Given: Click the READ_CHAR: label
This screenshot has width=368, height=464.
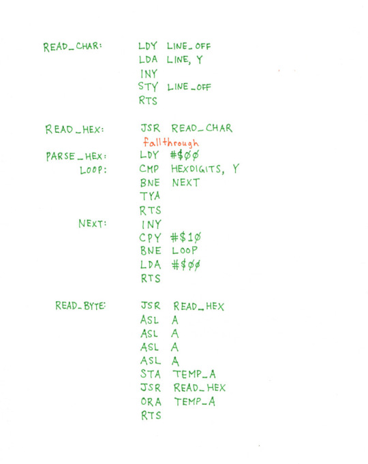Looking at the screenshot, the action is pyautogui.click(x=72, y=47).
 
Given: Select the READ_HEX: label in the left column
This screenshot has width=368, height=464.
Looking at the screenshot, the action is pyautogui.click(x=74, y=129).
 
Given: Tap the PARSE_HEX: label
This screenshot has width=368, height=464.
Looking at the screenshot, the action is pyautogui.click(x=76, y=156).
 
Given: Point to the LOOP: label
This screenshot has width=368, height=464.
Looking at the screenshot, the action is pyautogui.click(x=93, y=170).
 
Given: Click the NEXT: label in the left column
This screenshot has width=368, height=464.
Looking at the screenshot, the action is pyautogui.click(x=92, y=223).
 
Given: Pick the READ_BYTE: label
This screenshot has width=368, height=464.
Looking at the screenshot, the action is pyautogui.click(x=80, y=305).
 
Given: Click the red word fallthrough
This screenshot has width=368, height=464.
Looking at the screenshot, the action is pyautogui.click(x=171, y=142).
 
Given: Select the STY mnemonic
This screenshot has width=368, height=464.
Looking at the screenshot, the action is pyautogui.click(x=148, y=87).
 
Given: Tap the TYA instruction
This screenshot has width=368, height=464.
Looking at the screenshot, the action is pyautogui.click(x=150, y=196).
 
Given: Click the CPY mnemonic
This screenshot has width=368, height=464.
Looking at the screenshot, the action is pyautogui.click(x=150, y=238).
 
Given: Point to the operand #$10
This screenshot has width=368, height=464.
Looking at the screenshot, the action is pyautogui.click(x=186, y=237).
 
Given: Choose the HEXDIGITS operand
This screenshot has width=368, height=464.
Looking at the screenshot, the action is pyautogui.click(x=196, y=169).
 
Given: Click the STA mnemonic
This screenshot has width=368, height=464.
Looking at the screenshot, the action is pyautogui.click(x=151, y=374).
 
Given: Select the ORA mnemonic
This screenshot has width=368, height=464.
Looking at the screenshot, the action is pyautogui.click(x=151, y=401).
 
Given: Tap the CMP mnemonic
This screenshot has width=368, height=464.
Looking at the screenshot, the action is pyautogui.click(x=149, y=169).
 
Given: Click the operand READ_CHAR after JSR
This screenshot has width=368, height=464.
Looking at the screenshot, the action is pyautogui.click(x=202, y=128).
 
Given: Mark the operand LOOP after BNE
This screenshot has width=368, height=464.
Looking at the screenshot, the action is pyautogui.click(x=185, y=250).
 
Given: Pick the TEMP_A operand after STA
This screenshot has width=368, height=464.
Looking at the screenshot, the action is pyautogui.click(x=194, y=374).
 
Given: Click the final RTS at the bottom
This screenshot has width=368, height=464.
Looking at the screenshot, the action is pyautogui.click(x=151, y=416).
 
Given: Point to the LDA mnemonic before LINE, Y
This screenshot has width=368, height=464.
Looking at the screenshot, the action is pyautogui.click(x=148, y=59).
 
